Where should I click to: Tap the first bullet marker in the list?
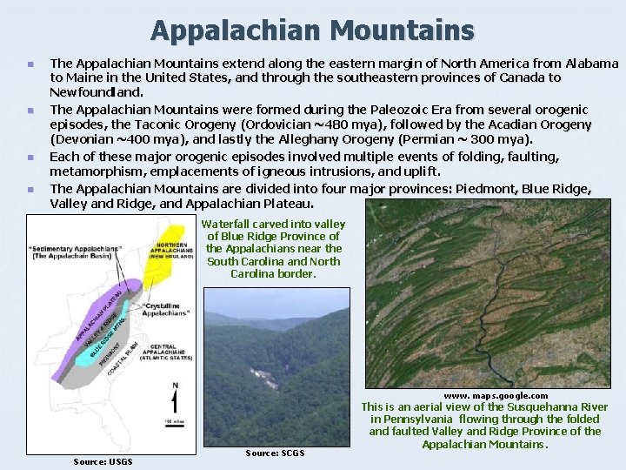(x=30, y=64)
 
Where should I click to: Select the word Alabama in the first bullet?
(x=591, y=64)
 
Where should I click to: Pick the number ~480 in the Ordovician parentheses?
(x=356, y=124)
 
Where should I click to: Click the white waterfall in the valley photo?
(x=258, y=376)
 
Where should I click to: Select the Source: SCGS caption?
(x=275, y=453)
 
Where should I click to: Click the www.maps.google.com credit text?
(x=496, y=396)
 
